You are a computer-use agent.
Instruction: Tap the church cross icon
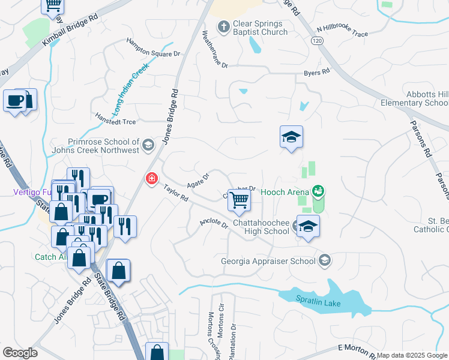click(x=223, y=26)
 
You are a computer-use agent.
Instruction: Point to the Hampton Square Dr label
click(x=153, y=47)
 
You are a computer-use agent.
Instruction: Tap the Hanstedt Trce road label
click(x=116, y=118)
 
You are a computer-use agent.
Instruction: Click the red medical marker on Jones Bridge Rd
click(x=151, y=178)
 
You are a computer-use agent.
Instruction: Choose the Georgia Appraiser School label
click(x=268, y=260)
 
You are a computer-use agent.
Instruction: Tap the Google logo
click(x=20, y=353)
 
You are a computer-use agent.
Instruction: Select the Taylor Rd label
click(x=176, y=194)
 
